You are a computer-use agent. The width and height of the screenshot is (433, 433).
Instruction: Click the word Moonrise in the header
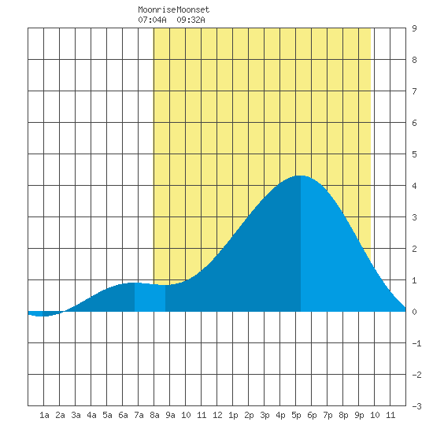(x=157, y=10)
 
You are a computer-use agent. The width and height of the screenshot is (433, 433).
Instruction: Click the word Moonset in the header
(x=193, y=10)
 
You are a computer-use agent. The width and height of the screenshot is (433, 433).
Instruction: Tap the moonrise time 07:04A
(x=152, y=20)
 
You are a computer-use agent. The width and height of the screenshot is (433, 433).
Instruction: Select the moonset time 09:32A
(x=191, y=20)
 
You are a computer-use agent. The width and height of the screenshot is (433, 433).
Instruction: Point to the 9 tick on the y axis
(x=414, y=28)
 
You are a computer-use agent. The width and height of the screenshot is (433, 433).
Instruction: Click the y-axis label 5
(x=414, y=154)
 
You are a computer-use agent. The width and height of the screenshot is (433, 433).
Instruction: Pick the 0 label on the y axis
(x=414, y=312)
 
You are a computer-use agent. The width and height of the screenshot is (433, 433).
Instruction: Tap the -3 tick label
(x=416, y=406)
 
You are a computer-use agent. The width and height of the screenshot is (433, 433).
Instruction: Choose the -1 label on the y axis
(x=416, y=343)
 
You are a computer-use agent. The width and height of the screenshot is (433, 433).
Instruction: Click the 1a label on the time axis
(x=44, y=415)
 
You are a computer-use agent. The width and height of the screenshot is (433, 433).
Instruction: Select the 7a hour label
(x=139, y=415)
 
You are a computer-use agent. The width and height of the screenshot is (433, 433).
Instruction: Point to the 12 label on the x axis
(x=217, y=415)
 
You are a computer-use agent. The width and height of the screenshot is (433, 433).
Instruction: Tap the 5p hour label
(x=296, y=415)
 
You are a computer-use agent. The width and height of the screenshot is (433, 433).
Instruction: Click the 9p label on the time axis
(x=359, y=415)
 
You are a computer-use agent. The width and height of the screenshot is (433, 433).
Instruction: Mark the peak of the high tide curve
(x=301, y=176)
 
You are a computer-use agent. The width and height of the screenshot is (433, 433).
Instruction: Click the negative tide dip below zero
(x=42, y=314)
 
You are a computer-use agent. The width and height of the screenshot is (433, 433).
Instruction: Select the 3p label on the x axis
(x=265, y=415)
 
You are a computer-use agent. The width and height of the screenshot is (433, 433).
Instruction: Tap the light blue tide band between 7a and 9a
(x=150, y=298)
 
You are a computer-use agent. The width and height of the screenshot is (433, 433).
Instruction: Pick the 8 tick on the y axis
(x=414, y=60)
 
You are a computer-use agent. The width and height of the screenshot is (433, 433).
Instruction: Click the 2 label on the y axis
(x=414, y=249)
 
